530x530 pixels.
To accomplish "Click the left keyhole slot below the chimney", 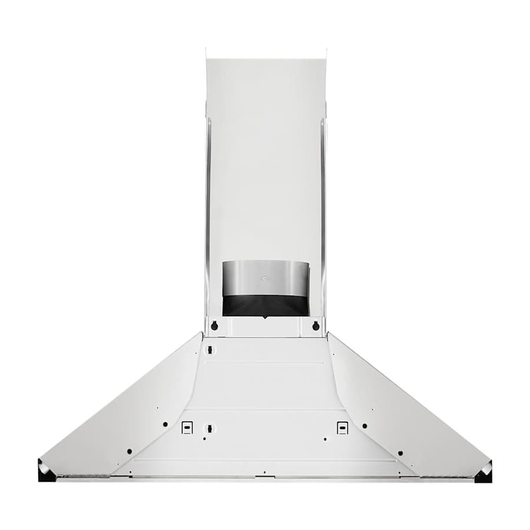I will pos(214,326).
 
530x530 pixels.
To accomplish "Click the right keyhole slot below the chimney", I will pos(316,326).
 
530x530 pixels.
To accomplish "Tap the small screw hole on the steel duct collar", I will pos(265,278).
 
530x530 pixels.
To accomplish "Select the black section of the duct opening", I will pos(265,305).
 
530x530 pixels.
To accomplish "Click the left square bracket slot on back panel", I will pos(187,428).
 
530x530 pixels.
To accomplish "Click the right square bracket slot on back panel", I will pos(342,428).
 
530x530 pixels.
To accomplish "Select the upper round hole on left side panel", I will pos(165,425).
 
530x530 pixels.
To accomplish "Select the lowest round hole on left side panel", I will pos(129,452).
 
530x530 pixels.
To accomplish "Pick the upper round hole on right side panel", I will pos(365,425).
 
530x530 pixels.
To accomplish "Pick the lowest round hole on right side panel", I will pos(400,453).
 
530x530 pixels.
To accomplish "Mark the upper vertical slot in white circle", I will pos(208,350).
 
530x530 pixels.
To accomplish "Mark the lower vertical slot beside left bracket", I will pos(208,428).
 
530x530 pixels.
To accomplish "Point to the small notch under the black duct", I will pos(265,318).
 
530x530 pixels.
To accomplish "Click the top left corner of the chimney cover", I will pos(206,50).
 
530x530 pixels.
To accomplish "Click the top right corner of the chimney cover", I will pos(325,50).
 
